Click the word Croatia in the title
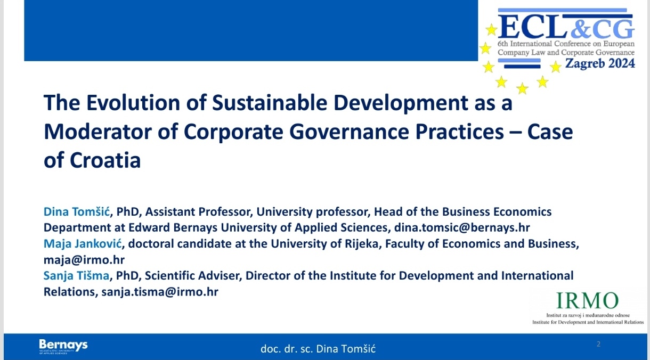pos(105,160)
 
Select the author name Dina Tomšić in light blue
pos(77,212)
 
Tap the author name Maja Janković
pos(83,244)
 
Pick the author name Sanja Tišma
pos(76,275)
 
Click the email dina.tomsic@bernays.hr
pos(462,228)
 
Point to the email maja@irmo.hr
pos(84,260)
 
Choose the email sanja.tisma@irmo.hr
pos(160,292)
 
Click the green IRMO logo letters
pos(587,300)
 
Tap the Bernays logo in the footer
pos(63,346)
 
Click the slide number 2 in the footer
pos(598,344)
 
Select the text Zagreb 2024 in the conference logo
pos(600,63)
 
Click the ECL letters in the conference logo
pos(533,27)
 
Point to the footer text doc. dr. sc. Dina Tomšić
pos(318,349)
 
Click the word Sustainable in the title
pos(270,103)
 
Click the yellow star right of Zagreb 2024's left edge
pos(556,67)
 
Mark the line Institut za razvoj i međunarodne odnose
pos(588,315)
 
